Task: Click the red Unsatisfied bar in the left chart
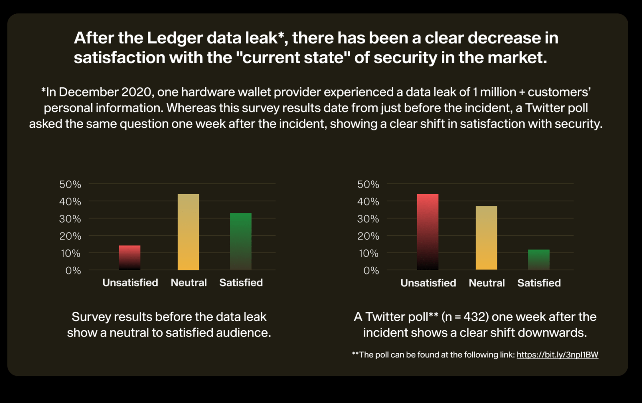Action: tap(130, 258)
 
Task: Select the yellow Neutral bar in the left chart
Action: tap(188, 232)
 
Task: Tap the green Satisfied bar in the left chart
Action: tap(241, 241)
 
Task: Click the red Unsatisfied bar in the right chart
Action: tap(428, 232)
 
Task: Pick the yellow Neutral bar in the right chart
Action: tap(486, 238)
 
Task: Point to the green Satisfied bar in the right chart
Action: tap(539, 260)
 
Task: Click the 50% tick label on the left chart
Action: tap(70, 184)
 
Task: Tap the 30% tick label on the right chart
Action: tap(368, 219)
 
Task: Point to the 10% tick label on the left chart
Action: tap(71, 253)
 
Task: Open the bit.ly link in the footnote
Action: tap(557, 355)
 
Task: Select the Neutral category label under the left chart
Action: tap(189, 283)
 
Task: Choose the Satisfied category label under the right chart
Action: tap(539, 283)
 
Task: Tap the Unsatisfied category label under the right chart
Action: tap(428, 283)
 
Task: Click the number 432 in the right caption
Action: tap(476, 317)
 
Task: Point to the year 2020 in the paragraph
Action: tap(136, 92)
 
